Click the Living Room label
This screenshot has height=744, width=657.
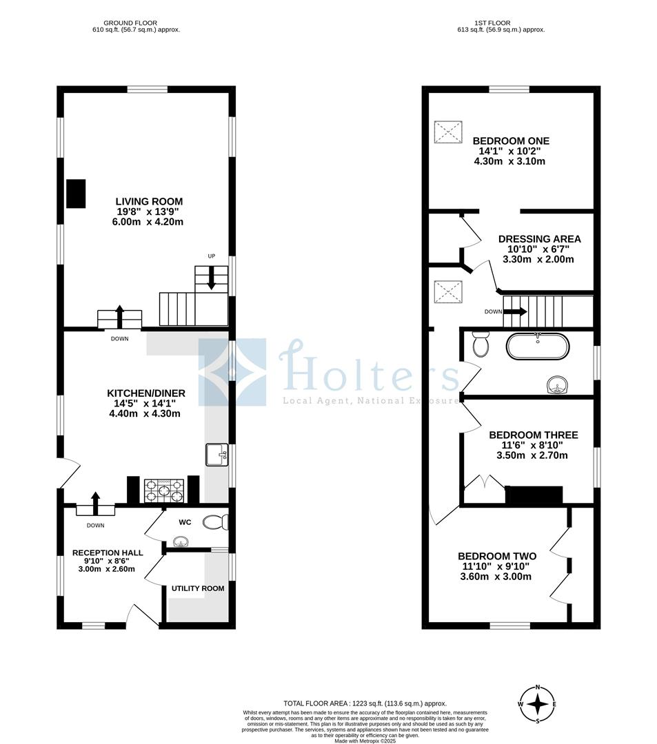(149, 202)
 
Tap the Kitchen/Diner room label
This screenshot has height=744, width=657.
(145, 393)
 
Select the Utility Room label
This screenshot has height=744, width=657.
(198, 588)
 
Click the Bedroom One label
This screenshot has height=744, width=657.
(511, 141)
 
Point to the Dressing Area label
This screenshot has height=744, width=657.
(539, 239)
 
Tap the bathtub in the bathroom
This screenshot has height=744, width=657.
(537, 347)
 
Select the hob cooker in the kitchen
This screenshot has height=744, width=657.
(164, 490)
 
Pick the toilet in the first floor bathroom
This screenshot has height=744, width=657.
(481, 344)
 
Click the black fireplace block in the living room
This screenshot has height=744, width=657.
(76, 194)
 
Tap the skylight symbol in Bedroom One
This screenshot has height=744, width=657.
(448, 132)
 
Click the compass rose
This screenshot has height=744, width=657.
(537, 704)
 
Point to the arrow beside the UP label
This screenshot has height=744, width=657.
(211, 278)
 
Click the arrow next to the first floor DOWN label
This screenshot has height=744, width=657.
(515, 312)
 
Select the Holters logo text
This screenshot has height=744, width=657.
(370, 369)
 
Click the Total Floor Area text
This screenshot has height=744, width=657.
(365, 703)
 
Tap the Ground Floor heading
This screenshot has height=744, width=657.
(130, 23)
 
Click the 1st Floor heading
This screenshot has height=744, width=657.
(492, 23)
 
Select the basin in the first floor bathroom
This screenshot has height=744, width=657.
(556, 386)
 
